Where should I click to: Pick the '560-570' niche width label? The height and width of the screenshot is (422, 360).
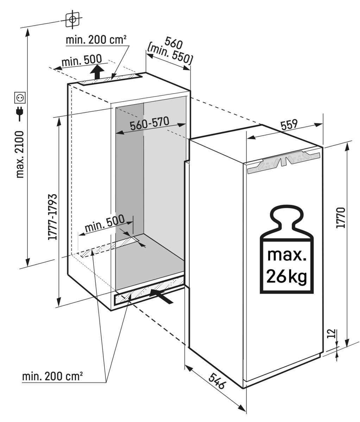click(x=149, y=123)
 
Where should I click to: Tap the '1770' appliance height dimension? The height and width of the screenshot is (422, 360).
click(x=341, y=218)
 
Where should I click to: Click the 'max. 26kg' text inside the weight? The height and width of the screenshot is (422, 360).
click(x=286, y=266)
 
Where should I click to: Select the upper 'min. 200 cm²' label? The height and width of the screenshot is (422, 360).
click(x=96, y=40)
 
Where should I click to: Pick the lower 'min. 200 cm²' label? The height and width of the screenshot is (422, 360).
click(x=52, y=376)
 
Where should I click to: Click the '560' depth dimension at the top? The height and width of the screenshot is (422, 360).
click(x=174, y=44)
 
